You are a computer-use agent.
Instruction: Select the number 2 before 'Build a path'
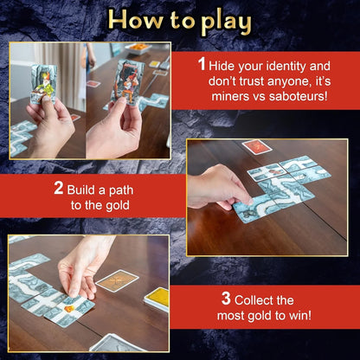(x=59, y=187)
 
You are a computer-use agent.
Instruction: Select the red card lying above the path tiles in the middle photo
(x=256, y=147)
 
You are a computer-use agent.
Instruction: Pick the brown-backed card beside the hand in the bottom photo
(x=117, y=281)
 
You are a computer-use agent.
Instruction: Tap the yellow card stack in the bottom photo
(x=157, y=299)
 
